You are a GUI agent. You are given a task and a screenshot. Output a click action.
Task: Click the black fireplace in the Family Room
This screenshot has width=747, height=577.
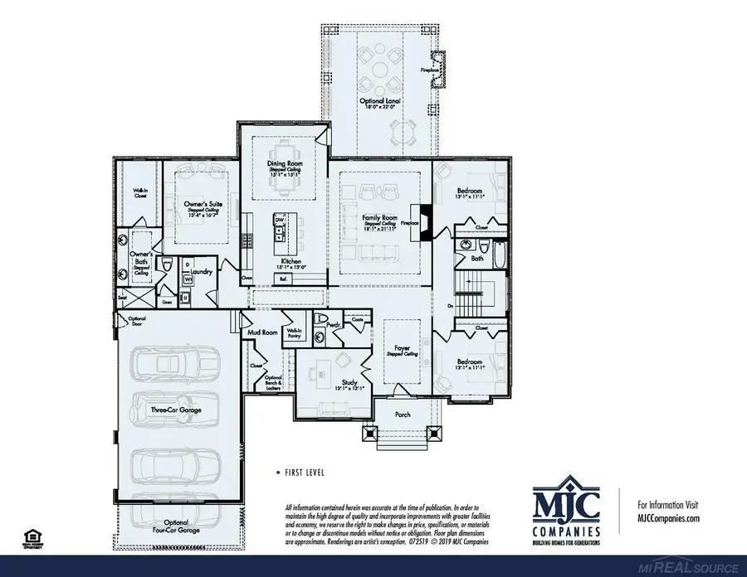point(426,222)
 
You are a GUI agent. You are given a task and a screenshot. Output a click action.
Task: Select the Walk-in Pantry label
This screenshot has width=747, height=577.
point(294,333)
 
